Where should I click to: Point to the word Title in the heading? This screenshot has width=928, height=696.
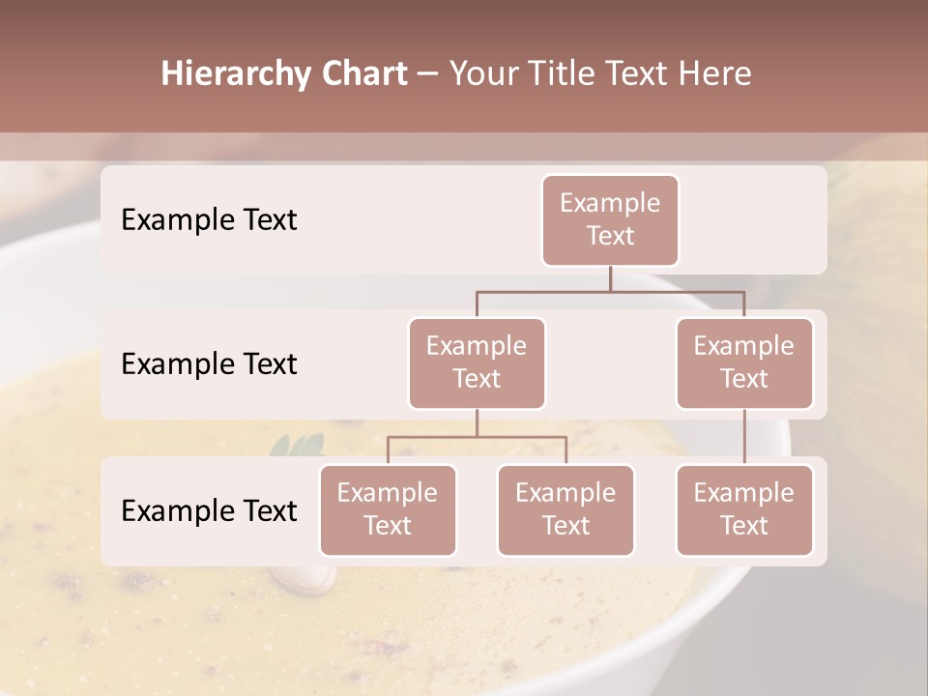point(578,73)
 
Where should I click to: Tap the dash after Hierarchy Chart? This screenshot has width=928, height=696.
point(427,74)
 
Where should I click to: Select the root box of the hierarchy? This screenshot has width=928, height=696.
point(610,219)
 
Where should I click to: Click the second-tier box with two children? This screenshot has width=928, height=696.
point(477,362)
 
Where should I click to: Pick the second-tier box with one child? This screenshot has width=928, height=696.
point(744,362)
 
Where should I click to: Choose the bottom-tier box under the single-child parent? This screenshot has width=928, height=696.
point(744,509)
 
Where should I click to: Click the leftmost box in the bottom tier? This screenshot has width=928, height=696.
point(388,509)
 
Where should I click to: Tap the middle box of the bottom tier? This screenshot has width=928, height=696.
point(565,509)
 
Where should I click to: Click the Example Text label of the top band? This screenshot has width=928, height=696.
point(209,219)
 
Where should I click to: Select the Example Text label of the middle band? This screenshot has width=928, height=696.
point(209,363)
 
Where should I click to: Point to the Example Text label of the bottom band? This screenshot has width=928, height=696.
point(209,510)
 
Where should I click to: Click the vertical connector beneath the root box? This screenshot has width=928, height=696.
point(610,278)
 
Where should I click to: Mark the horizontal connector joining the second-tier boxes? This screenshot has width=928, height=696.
point(610,291)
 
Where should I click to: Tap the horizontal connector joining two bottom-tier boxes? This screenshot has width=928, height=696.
point(477,437)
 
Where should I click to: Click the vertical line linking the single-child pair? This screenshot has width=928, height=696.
point(744,437)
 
